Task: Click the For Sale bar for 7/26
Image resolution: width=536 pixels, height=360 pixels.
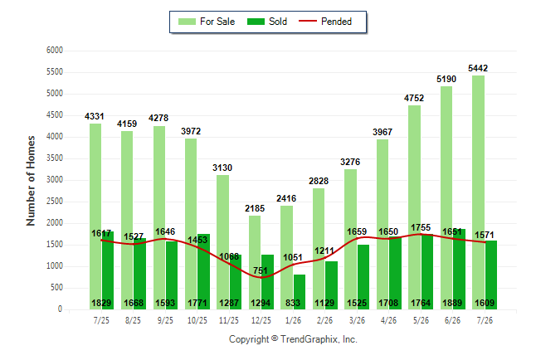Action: tap(479, 192)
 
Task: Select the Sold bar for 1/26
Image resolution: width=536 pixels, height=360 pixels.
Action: tap(300, 292)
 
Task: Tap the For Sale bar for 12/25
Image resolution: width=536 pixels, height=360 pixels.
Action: tap(255, 263)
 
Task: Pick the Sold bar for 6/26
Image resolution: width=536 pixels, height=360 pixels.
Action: tap(459, 270)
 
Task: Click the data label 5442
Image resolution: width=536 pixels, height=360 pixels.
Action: tap(478, 68)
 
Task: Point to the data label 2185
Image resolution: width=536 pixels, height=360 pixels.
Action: tap(255, 208)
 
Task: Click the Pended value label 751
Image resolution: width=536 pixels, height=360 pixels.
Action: tap(261, 270)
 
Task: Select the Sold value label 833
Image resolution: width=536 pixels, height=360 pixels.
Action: tap(293, 303)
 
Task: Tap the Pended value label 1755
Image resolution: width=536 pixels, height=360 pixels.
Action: tap(421, 227)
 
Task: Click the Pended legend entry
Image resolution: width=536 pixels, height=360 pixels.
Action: tap(325, 22)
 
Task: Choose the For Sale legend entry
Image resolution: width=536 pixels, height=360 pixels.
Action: tap(207, 22)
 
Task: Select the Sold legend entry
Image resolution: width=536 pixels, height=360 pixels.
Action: tap(267, 22)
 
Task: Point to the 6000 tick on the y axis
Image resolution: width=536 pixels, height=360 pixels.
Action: tap(55, 51)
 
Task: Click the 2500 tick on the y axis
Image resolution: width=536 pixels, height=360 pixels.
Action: tap(55, 202)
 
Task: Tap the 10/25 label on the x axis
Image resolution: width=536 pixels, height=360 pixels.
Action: tap(197, 320)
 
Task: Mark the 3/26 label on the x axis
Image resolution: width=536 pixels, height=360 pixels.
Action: tap(357, 320)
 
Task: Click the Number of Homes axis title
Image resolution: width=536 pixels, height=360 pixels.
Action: tap(31, 181)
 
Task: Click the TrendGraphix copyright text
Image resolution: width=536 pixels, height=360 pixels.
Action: tap(293, 339)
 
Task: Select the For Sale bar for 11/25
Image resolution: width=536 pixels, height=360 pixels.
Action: tap(223, 242)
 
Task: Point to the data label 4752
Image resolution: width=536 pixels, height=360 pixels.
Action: tap(414, 99)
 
